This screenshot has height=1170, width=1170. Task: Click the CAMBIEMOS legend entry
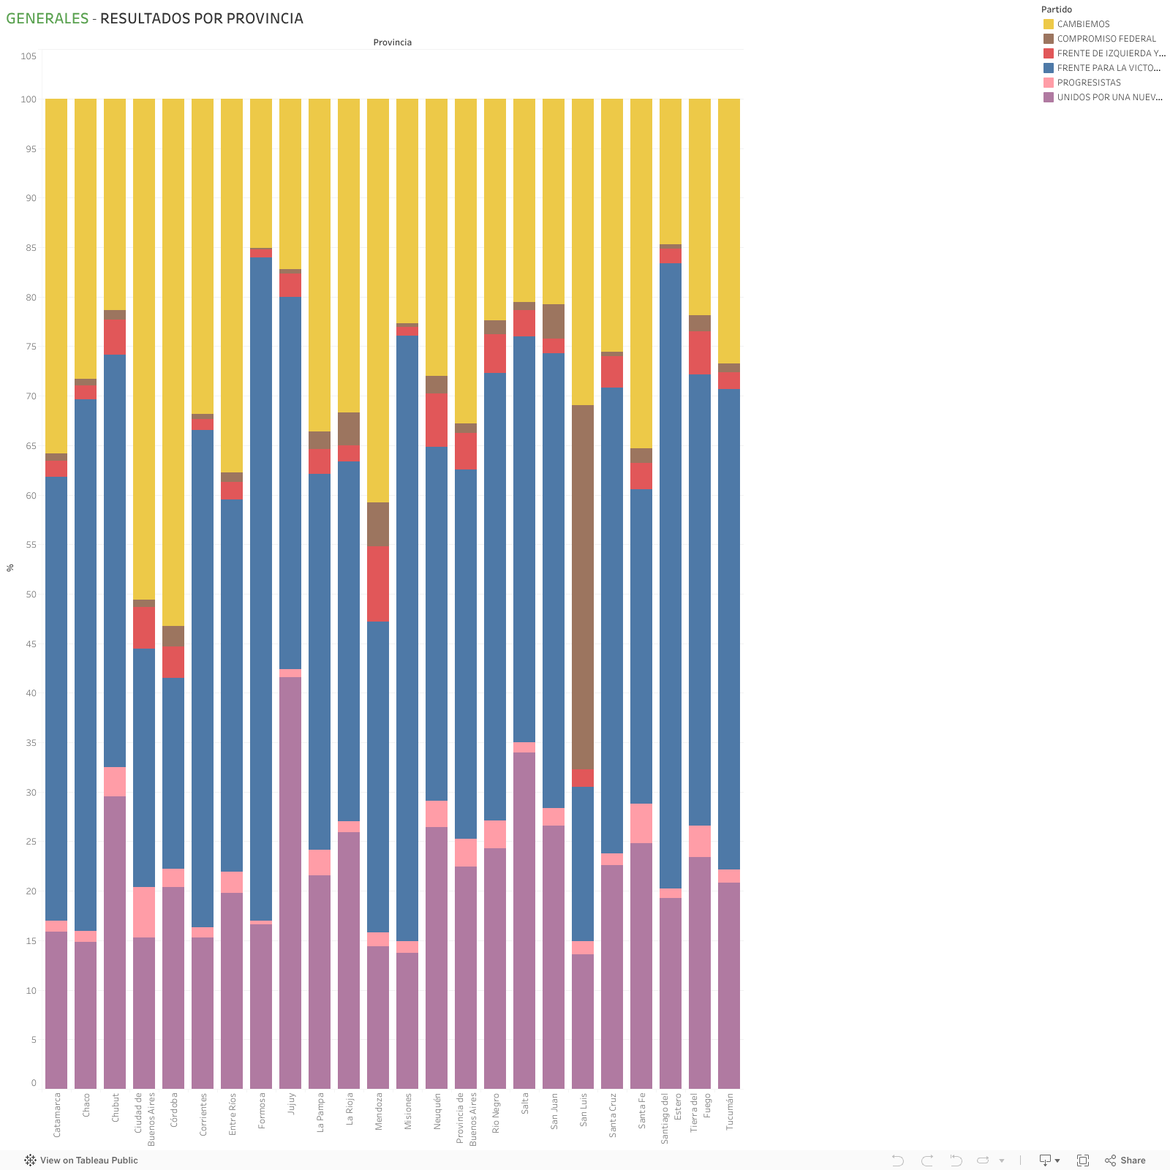coord(1083,24)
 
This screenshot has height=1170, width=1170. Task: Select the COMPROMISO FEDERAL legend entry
coord(1106,39)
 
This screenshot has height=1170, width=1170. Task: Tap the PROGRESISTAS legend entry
coord(1088,83)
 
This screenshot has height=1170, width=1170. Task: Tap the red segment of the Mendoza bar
coord(378,584)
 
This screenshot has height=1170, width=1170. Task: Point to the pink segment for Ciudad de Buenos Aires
coord(144,912)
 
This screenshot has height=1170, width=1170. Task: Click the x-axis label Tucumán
coord(729,1112)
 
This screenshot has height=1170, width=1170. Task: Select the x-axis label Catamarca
coord(57,1115)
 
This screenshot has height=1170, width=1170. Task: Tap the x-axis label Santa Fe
coord(641,1111)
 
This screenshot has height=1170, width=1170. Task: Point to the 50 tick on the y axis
coord(31,595)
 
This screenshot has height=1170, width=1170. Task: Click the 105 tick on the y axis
coord(29,56)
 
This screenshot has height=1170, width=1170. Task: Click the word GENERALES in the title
coord(48,18)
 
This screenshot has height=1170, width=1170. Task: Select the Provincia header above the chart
coord(392,42)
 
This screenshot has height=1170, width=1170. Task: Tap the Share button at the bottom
coord(1125,1160)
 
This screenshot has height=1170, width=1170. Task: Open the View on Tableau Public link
coord(81,1160)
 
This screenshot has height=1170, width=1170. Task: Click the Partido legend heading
coord(1056,10)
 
